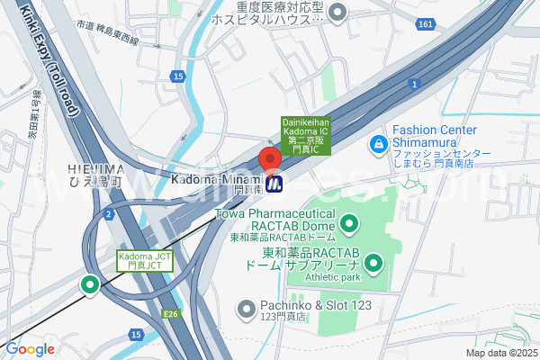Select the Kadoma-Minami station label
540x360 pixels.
click(x=214, y=182)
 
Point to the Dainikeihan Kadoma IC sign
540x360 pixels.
click(x=306, y=132)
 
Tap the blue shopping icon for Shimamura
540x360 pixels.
click(x=379, y=143)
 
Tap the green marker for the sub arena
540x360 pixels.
click(x=373, y=264)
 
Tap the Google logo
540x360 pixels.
click(x=30, y=348)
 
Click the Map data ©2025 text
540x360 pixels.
click(x=501, y=353)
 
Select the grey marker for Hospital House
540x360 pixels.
click(x=338, y=12)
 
